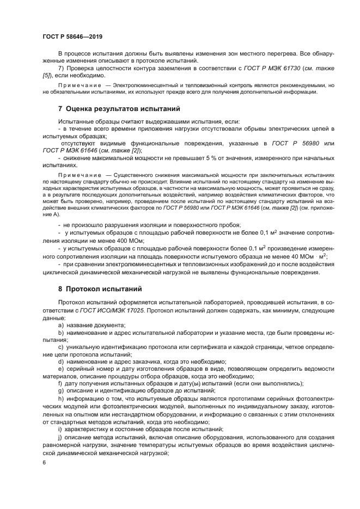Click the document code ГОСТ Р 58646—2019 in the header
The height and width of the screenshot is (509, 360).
click(x=72, y=36)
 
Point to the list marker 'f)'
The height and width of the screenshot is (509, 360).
click(x=60, y=383)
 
